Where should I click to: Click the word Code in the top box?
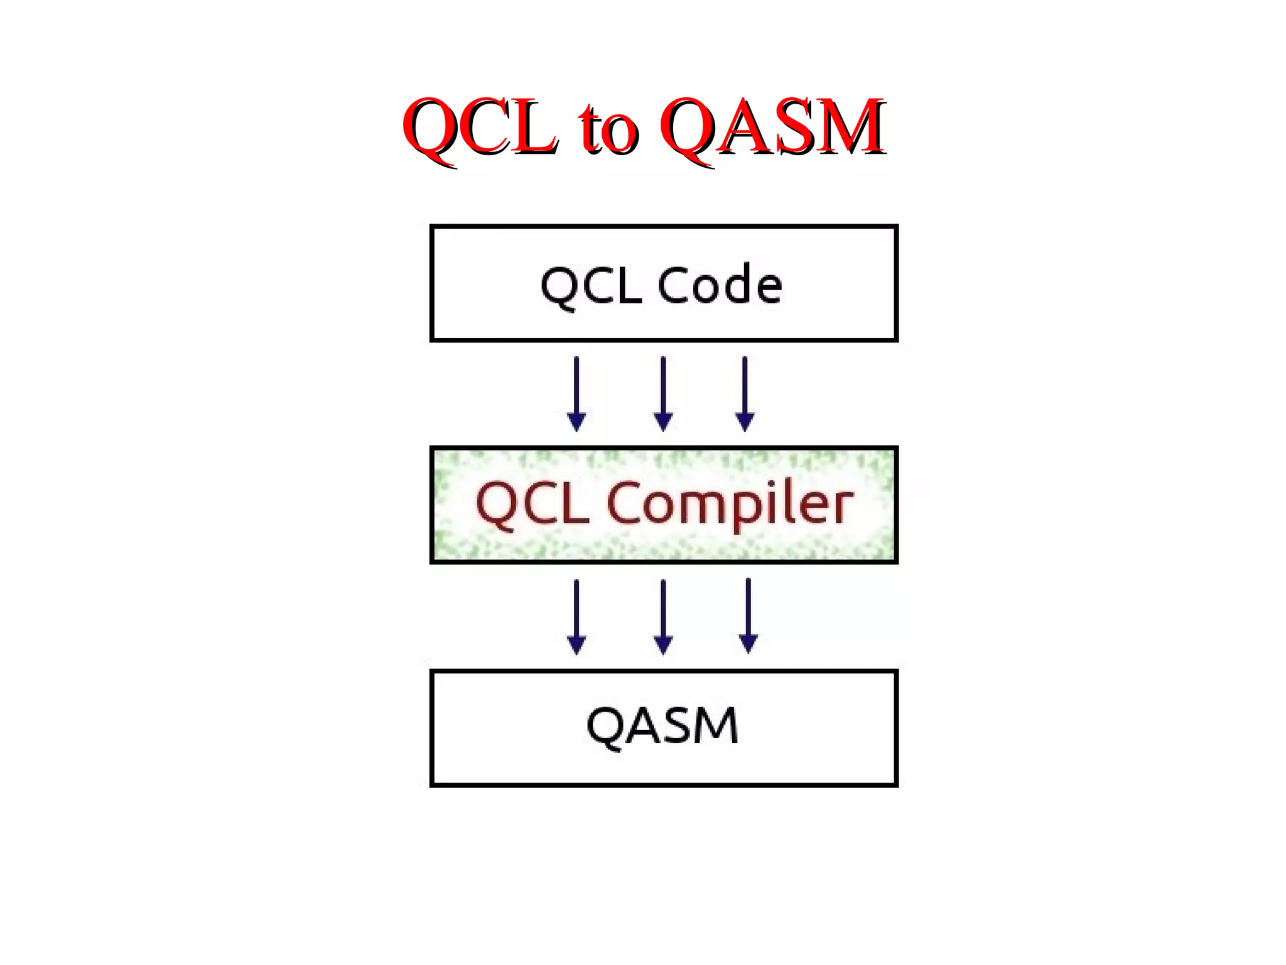pyautogui.click(x=720, y=285)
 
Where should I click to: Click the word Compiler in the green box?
pyautogui.click(x=730, y=505)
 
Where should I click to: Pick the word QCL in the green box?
pyautogui.click(x=533, y=504)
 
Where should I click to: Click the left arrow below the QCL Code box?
pyautogui.click(x=576, y=394)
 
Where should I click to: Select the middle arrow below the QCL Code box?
pyautogui.click(x=663, y=394)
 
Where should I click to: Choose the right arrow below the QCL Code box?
pyautogui.click(x=745, y=394)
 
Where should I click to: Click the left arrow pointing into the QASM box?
pyautogui.click(x=576, y=616)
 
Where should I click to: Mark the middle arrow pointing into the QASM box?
pyautogui.click(x=663, y=616)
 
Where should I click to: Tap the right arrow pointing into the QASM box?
pyautogui.click(x=748, y=616)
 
